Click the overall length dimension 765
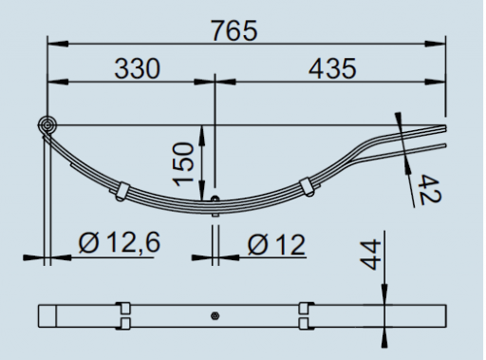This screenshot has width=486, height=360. click(x=234, y=30)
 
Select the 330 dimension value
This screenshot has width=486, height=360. click(x=138, y=68)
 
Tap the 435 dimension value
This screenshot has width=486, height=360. click(x=332, y=68)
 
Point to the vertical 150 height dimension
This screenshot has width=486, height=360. click(x=183, y=164)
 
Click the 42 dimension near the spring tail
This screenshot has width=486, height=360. click(x=429, y=191)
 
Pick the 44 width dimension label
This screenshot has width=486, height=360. click(x=370, y=255)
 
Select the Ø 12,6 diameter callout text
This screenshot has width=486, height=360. click(x=120, y=242)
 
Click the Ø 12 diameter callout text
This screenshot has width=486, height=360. click(x=276, y=244)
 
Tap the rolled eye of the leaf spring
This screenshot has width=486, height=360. click(x=47, y=125)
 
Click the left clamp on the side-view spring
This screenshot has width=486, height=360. click(x=121, y=192)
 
